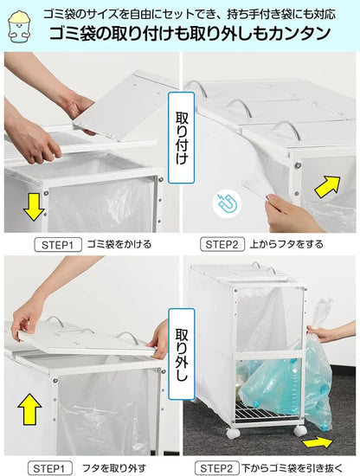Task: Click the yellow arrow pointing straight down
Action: click(x=34, y=206)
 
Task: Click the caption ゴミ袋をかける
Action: click(x=119, y=245)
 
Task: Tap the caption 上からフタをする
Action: click(x=288, y=245)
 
